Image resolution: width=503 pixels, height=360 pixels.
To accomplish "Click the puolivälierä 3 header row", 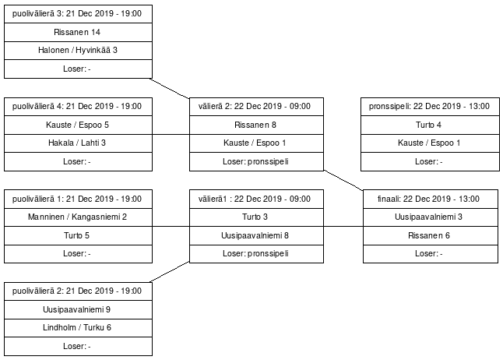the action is tap(78, 14).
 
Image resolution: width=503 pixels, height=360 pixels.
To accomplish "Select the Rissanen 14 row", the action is tap(78, 32).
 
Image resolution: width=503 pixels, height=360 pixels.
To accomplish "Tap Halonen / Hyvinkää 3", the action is tap(78, 51).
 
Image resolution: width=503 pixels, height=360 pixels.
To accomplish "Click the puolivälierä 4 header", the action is tap(78, 107).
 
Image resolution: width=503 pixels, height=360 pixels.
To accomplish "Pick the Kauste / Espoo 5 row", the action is tap(78, 125).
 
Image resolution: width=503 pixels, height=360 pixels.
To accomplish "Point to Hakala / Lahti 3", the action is tap(78, 143).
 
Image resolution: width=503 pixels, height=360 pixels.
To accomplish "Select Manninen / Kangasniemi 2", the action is tap(78, 217).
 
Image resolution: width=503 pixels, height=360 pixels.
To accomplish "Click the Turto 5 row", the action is tap(78, 236).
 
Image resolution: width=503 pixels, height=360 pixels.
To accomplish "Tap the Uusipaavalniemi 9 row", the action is tap(78, 309).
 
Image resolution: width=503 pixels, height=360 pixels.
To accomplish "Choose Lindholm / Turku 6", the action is tap(78, 328).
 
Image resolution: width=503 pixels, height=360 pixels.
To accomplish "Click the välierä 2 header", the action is tap(256, 107).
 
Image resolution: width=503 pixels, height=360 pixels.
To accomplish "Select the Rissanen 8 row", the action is tap(256, 125).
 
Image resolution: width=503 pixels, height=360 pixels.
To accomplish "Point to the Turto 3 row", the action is tap(256, 217).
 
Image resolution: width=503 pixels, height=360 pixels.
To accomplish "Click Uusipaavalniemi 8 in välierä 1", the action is tap(256, 236).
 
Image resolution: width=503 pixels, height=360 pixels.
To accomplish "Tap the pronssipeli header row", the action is tap(430, 107).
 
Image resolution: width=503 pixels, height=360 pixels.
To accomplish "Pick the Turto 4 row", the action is tap(430, 125).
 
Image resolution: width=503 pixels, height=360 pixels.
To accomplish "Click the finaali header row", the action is tap(430, 199).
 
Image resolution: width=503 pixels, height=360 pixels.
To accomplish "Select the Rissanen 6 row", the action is tap(430, 236).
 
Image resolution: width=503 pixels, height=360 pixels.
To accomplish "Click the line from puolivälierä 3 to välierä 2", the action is tap(170, 88).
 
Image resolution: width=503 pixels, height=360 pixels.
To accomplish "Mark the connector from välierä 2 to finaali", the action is tap(343, 180).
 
